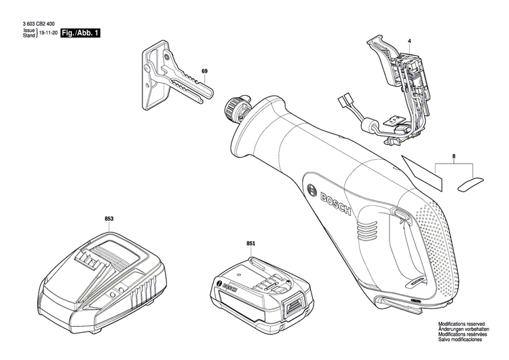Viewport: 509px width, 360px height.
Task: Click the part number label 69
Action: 204,71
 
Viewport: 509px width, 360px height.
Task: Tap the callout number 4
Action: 409,42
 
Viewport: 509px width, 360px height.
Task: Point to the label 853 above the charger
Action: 109,219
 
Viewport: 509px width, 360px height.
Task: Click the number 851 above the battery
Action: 250,242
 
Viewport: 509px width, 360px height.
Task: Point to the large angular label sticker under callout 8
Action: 421,173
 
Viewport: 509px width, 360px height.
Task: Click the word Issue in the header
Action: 29,31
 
